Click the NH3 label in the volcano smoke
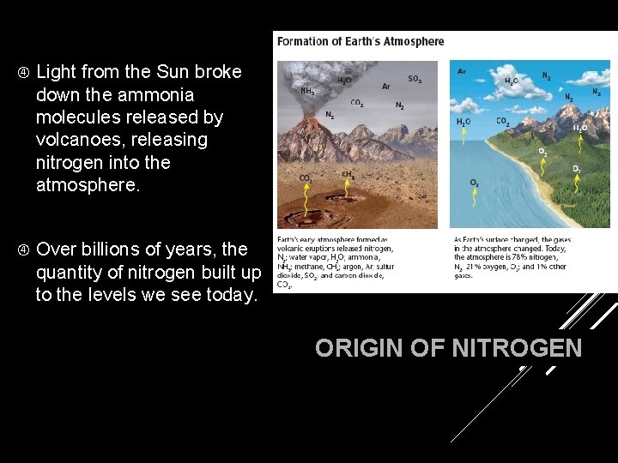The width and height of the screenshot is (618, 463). point(306,90)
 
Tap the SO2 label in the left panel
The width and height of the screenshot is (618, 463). point(415,79)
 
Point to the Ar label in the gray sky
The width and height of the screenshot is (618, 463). point(385,87)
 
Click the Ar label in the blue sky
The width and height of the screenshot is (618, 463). point(463,71)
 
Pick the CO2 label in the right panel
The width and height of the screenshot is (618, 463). point(503,122)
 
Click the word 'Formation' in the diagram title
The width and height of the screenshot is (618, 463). point(300,41)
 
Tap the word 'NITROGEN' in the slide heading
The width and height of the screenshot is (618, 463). point(517,348)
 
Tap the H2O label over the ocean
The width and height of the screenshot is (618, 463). point(463,123)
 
